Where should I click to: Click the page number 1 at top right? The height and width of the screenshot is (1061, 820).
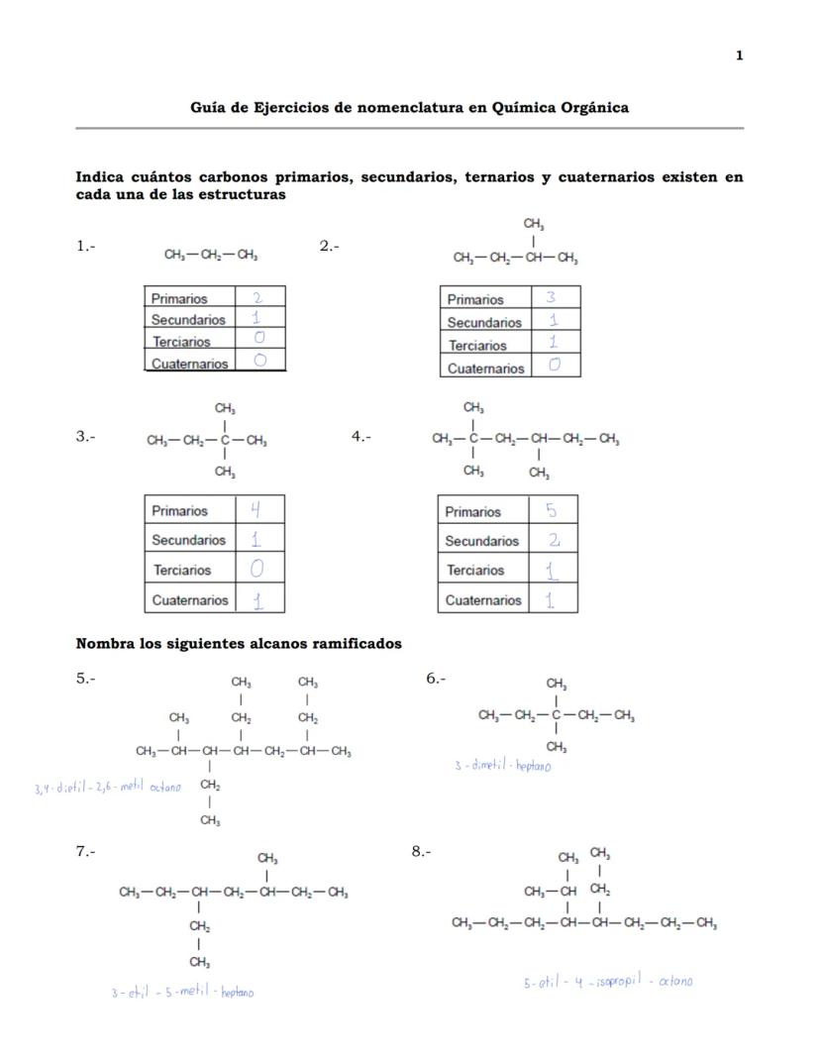coord(739,55)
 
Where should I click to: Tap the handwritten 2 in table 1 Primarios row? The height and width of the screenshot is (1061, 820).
coord(257,297)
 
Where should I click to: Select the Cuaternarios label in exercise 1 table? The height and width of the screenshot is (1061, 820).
coord(189,364)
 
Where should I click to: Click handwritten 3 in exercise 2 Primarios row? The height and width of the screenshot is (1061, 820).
coord(551,297)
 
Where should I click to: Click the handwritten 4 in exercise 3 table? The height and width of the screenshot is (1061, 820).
coord(256,510)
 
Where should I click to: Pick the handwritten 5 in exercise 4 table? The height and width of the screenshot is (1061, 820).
coord(551,511)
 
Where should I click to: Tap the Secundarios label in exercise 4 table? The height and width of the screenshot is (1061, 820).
coord(481,541)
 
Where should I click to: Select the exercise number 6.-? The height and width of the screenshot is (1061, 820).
coord(436,679)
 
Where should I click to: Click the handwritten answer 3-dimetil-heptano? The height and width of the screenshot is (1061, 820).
coord(502,766)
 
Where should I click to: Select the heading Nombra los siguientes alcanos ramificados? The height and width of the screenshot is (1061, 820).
coord(239,644)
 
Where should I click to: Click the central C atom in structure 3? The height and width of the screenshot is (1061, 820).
coord(225,441)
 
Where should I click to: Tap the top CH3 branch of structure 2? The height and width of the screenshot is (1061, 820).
coord(534,226)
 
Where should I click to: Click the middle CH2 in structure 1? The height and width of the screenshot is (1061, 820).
coord(211,256)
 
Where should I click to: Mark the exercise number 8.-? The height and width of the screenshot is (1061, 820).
coord(421,851)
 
